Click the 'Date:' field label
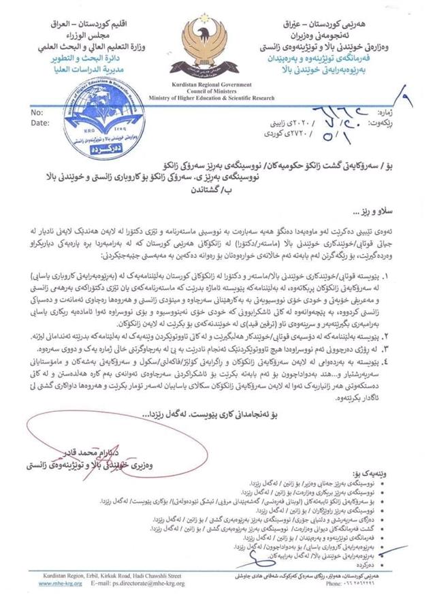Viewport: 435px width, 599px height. coord(39,123)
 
